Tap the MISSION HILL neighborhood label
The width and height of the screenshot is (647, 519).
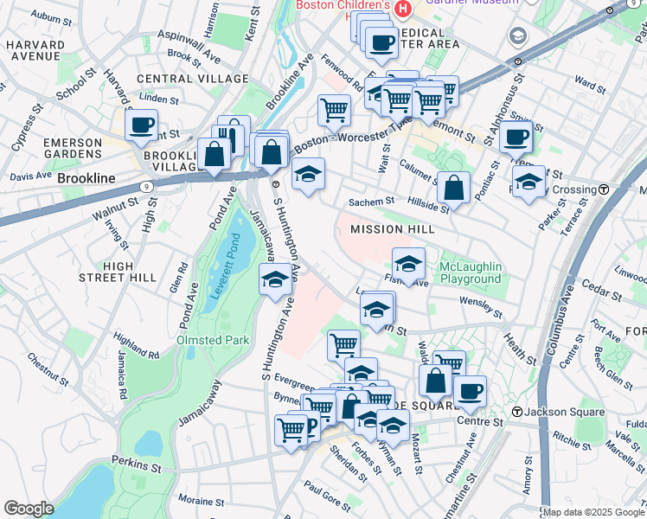(x=388, y=229)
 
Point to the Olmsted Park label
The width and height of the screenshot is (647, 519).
(x=213, y=340)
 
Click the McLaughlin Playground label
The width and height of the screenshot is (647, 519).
(x=470, y=272)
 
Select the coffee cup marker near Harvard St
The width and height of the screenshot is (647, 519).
(x=142, y=125)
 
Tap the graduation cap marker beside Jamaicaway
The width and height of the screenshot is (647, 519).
(x=276, y=279)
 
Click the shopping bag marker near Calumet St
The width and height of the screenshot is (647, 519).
(x=453, y=187)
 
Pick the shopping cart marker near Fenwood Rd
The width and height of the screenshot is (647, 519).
(x=334, y=110)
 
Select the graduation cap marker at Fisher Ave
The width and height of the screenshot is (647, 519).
(x=409, y=263)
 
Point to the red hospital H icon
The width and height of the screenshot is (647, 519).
(x=403, y=8)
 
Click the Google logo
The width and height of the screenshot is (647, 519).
(x=29, y=508)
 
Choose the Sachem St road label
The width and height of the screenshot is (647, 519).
(x=371, y=201)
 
